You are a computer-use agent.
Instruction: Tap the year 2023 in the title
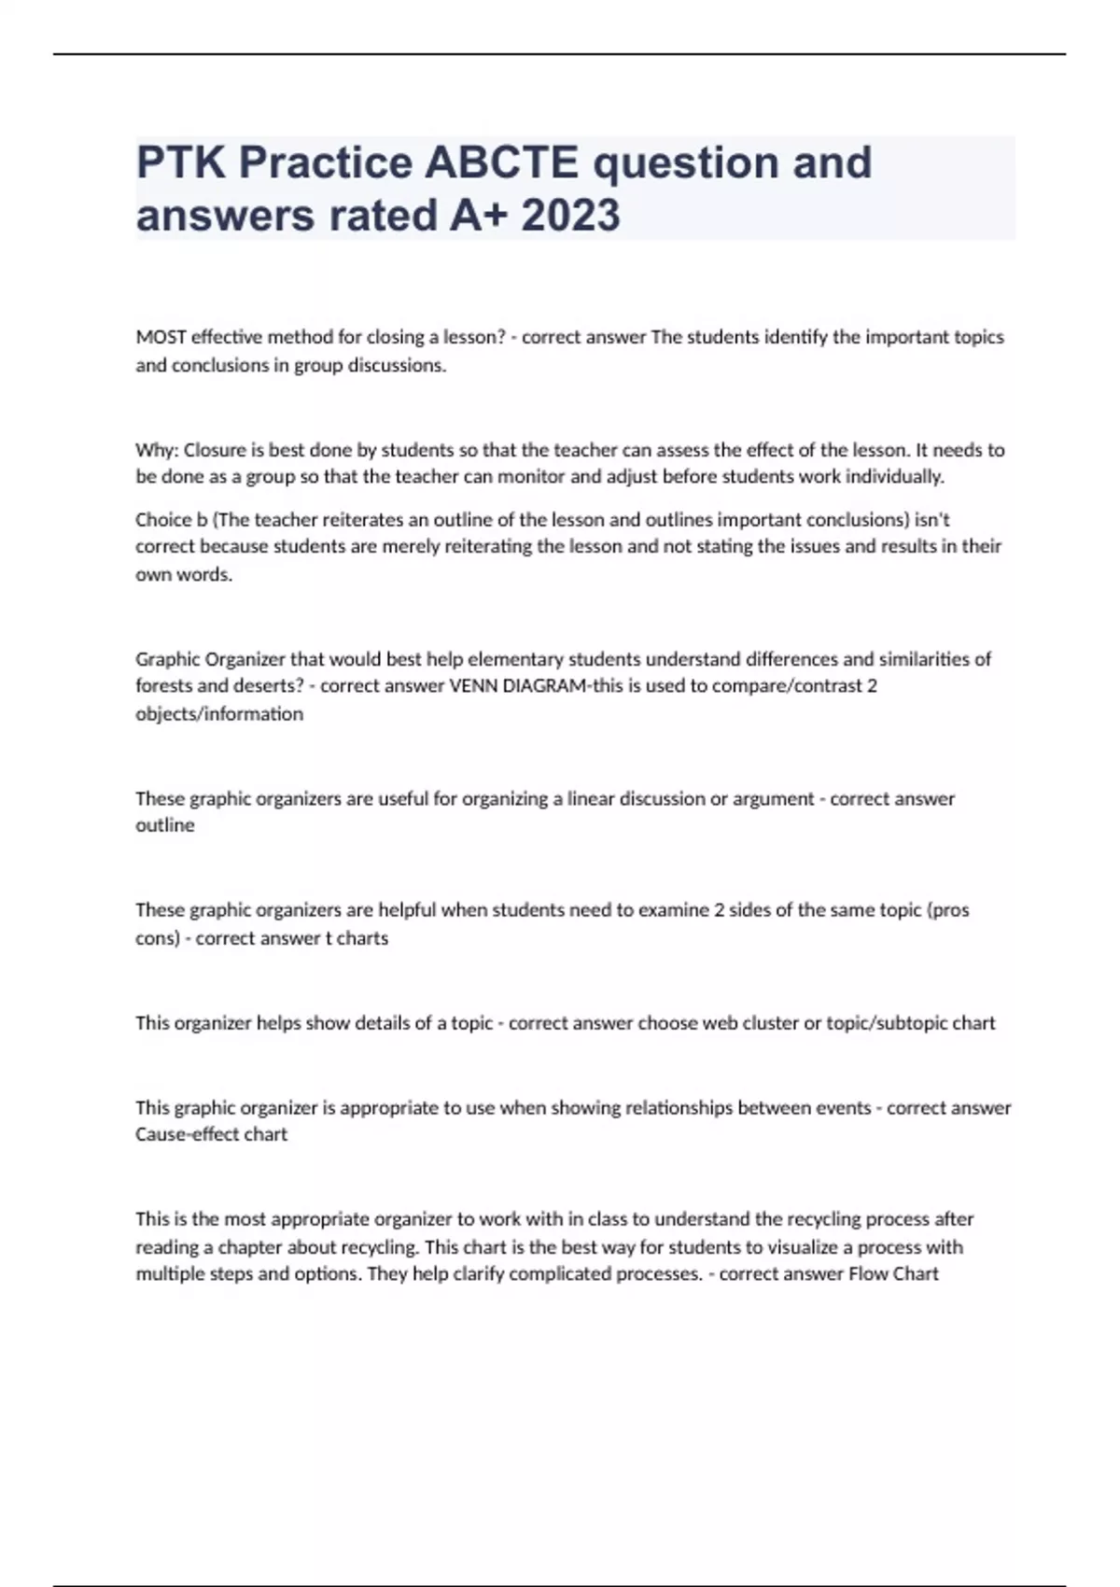coord(570,216)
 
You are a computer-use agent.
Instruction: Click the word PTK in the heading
coord(181,162)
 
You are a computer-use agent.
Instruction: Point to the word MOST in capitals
coord(161,337)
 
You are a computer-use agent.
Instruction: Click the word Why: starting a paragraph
coord(157,450)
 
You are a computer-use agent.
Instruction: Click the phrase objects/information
coord(219,714)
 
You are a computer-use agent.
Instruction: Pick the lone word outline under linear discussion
coord(165,825)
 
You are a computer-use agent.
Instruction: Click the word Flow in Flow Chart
coord(868,1274)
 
